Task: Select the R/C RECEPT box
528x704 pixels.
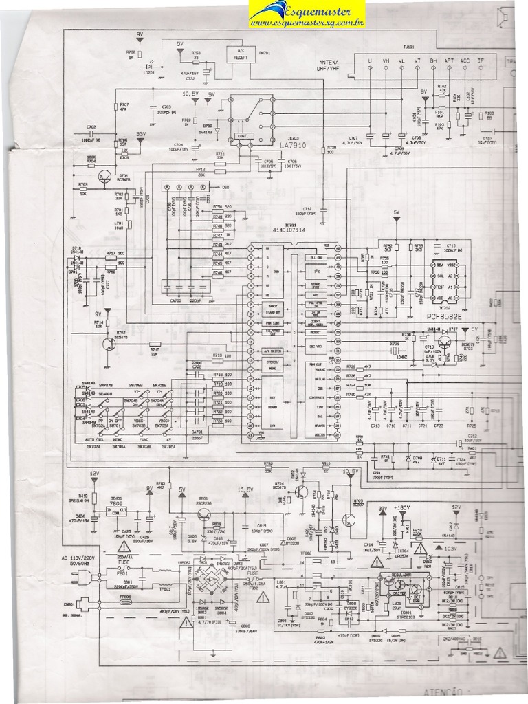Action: click(240, 54)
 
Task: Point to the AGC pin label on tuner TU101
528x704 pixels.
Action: click(465, 61)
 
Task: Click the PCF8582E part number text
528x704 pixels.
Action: click(446, 318)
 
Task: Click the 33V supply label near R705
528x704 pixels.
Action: click(140, 134)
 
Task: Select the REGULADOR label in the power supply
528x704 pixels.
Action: click(400, 574)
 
